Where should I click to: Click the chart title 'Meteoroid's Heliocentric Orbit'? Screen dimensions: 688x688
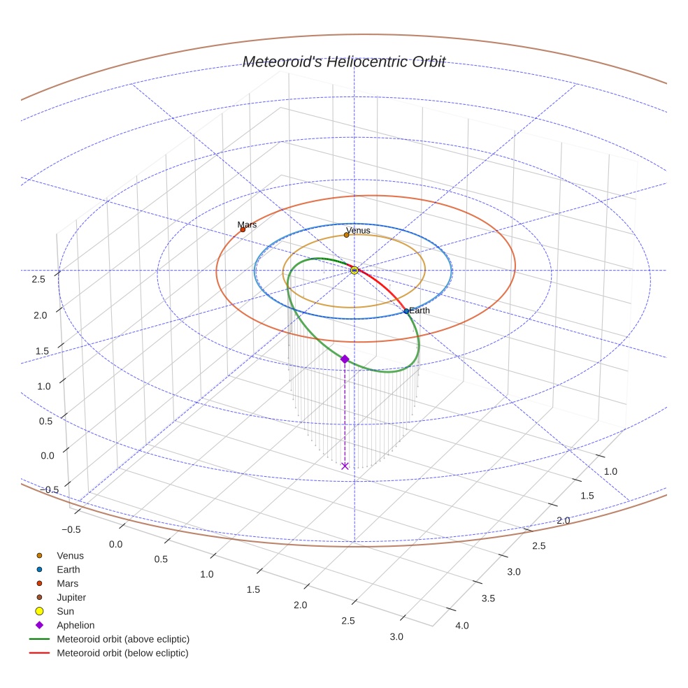coord(343,62)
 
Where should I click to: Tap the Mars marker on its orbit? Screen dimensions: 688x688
coord(243,229)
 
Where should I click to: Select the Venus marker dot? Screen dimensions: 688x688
coord(346,235)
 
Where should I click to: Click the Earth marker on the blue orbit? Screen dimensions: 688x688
coord(406,311)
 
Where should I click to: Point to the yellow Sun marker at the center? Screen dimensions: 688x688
coord(354,270)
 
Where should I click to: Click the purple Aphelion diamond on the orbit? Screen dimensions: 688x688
coord(345,359)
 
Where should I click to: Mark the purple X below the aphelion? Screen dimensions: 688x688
coord(345,466)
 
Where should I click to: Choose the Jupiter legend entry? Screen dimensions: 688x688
coord(71,597)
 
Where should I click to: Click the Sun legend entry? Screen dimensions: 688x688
coord(65,611)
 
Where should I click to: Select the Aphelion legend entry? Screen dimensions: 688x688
coord(75,625)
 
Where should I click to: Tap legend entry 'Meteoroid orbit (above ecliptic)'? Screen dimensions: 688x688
coord(122,639)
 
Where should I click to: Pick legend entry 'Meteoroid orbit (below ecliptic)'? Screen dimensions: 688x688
coord(122,653)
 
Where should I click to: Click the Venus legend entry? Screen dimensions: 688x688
coord(70,556)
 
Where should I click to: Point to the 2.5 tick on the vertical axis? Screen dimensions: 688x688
coord(38,280)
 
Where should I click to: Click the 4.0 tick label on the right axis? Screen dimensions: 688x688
coord(462,625)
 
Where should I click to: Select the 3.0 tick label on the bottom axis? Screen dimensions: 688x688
coord(396,636)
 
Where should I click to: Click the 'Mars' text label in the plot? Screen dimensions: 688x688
coord(247,224)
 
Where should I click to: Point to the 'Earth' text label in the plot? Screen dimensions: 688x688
coord(420,310)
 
